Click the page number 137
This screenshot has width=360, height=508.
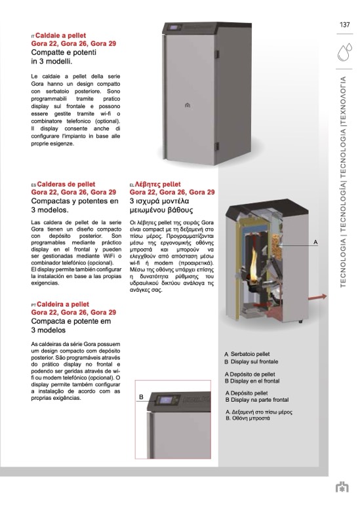click(x=344, y=25)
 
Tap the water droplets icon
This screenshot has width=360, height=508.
click(x=344, y=52)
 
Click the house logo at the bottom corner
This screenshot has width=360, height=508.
click(x=342, y=487)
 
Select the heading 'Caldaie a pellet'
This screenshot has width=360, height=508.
click(x=60, y=35)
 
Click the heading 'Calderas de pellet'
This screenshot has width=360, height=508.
click(x=66, y=184)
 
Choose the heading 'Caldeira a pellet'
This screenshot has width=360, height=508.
click(x=63, y=305)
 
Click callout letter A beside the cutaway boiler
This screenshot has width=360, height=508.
click(x=315, y=243)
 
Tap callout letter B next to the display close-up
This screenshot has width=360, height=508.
click(x=141, y=397)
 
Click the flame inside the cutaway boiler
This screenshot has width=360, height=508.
click(x=253, y=264)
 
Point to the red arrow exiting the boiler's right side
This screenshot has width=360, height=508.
click(x=317, y=297)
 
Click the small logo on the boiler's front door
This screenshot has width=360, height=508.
click(x=188, y=105)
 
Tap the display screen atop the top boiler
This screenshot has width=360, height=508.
click(x=174, y=28)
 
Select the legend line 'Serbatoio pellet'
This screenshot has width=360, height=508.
click(x=250, y=354)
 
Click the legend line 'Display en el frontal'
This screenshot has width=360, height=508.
click(x=254, y=381)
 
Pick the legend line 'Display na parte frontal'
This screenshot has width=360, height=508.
click(x=259, y=400)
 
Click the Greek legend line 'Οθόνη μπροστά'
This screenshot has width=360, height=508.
click(x=250, y=418)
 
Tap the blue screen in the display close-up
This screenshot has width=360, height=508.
click(x=166, y=400)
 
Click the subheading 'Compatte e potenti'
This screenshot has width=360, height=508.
click(x=64, y=52)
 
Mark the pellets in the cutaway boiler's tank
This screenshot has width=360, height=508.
click(x=277, y=243)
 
